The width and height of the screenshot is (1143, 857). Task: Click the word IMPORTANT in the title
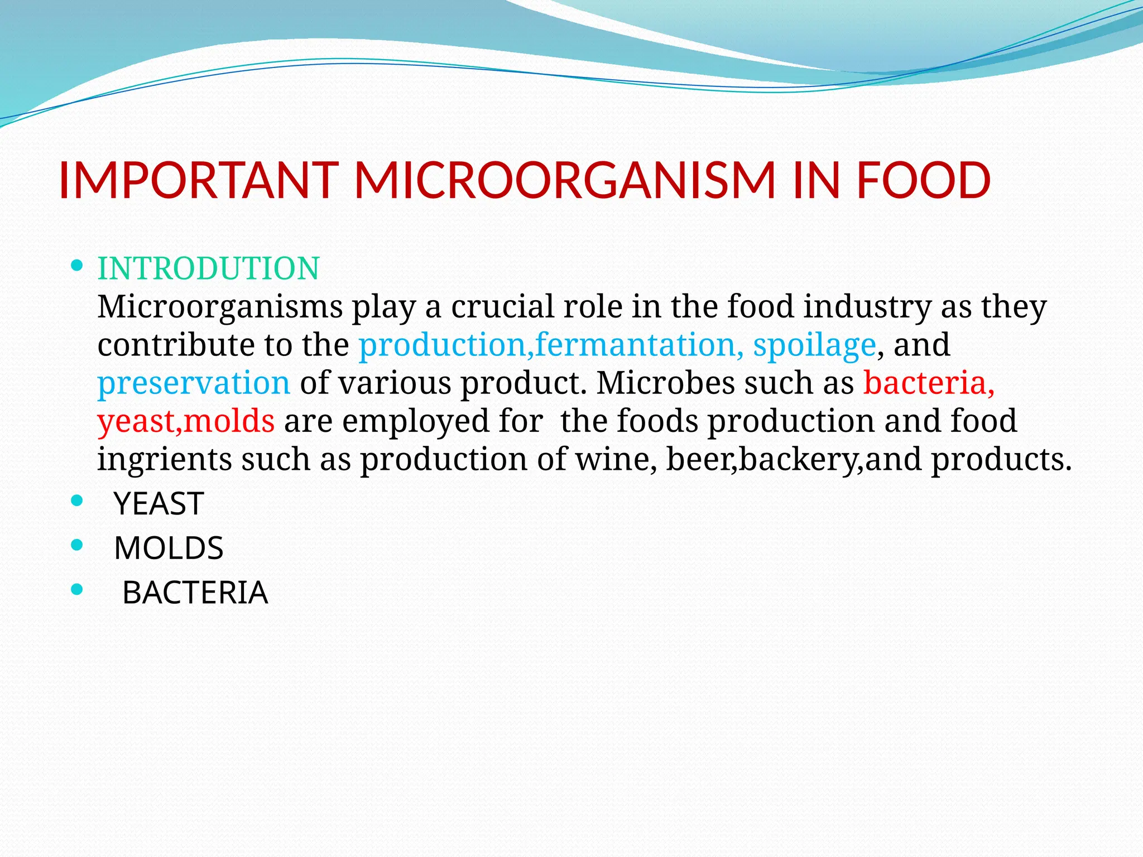(x=198, y=180)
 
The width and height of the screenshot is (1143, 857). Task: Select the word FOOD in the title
(x=923, y=180)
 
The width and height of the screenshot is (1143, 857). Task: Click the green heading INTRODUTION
(x=208, y=268)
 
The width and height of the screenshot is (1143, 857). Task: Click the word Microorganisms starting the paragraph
(x=220, y=307)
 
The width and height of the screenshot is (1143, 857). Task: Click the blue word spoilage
(x=814, y=345)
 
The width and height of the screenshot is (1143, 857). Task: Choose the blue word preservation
(x=194, y=383)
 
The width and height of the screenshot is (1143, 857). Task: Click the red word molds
(x=229, y=421)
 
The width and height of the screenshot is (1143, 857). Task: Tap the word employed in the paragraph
(x=415, y=421)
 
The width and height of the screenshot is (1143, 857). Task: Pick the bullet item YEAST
(x=159, y=504)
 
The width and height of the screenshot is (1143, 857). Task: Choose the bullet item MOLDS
(x=169, y=548)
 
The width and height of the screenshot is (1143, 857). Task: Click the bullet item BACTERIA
(x=195, y=593)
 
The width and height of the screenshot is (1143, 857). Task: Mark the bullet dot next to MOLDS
(x=78, y=545)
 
